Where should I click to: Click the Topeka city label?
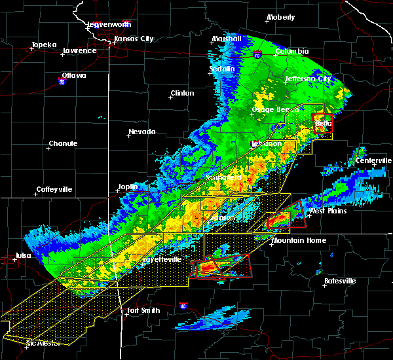[x=45, y=45]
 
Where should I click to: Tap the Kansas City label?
[x=134, y=39]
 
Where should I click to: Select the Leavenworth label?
[x=109, y=24]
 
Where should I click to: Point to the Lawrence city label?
[x=79, y=50]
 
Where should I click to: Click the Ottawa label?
[x=73, y=75]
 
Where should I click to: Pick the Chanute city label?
[x=63, y=143]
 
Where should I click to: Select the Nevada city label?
[x=142, y=132]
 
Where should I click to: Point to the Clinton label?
[x=182, y=93]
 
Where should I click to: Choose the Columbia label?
[x=291, y=51]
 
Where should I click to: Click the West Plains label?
[x=327, y=211]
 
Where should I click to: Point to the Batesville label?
[x=340, y=281]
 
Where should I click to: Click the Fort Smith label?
[x=143, y=310]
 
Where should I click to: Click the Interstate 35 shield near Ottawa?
[x=62, y=82]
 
